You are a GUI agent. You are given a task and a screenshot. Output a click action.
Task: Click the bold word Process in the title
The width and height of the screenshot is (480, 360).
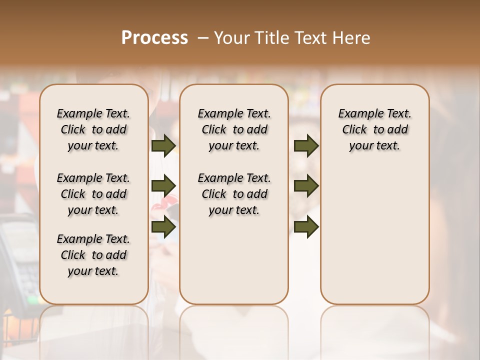[x=154, y=38]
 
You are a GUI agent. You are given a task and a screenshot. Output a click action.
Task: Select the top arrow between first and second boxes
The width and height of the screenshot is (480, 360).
[x=163, y=146]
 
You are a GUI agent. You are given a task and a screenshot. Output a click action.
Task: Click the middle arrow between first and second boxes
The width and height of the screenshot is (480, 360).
[x=163, y=186]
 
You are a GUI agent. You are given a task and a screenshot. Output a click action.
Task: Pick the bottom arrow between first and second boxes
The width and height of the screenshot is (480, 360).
[x=163, y=227]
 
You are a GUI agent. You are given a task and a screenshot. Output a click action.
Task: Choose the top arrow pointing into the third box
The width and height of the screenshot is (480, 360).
[x=306, y=146]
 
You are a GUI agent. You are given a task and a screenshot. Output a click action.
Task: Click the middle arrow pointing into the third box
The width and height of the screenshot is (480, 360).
[x=306, y=186]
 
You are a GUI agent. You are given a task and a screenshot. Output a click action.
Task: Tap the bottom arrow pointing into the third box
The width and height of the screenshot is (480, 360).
[x=306, y=227]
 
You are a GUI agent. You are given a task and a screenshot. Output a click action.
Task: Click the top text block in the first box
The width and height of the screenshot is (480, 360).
[x=93, y=129]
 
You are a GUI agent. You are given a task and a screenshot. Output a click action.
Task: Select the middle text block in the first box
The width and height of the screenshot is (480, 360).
[x=93, y=194]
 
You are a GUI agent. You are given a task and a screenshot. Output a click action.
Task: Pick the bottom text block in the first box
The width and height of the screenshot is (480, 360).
[x=93, y=255]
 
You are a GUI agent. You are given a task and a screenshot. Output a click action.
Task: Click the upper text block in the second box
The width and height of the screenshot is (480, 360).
[x=234, y=129]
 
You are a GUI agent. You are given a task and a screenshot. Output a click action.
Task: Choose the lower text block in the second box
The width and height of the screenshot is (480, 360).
[x=234, y=194]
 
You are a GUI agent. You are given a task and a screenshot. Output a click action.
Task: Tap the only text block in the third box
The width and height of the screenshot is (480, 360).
[x=375, y=129]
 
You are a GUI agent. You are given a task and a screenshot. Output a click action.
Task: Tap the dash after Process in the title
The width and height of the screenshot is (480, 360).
[x=203, y=38]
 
